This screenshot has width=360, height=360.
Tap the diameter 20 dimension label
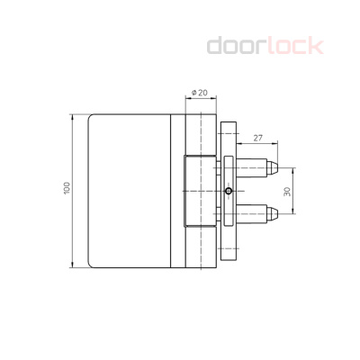[199, 92]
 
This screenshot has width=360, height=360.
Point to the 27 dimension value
[257, 138]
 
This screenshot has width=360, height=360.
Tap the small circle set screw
[229, 191]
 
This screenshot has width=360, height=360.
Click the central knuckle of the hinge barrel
[198, 191]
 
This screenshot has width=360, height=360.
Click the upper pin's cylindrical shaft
[254, 168]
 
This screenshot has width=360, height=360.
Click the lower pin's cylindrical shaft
[254, 213]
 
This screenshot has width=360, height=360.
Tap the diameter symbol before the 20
[192, 92]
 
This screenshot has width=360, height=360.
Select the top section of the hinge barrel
[198, 135]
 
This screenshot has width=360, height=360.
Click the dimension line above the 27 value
[257, 145]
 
